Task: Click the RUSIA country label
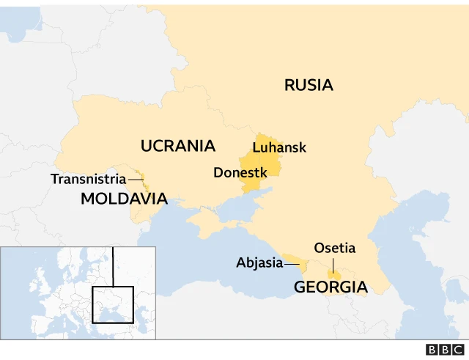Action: point(309,85)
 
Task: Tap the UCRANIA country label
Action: point(177,146)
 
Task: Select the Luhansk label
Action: point(278,147)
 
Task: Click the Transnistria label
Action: point(82,179)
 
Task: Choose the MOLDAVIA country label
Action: point(124,198)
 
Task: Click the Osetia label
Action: point(334,248)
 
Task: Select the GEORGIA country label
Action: point(330,287)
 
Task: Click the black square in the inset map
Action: point(112,304)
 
